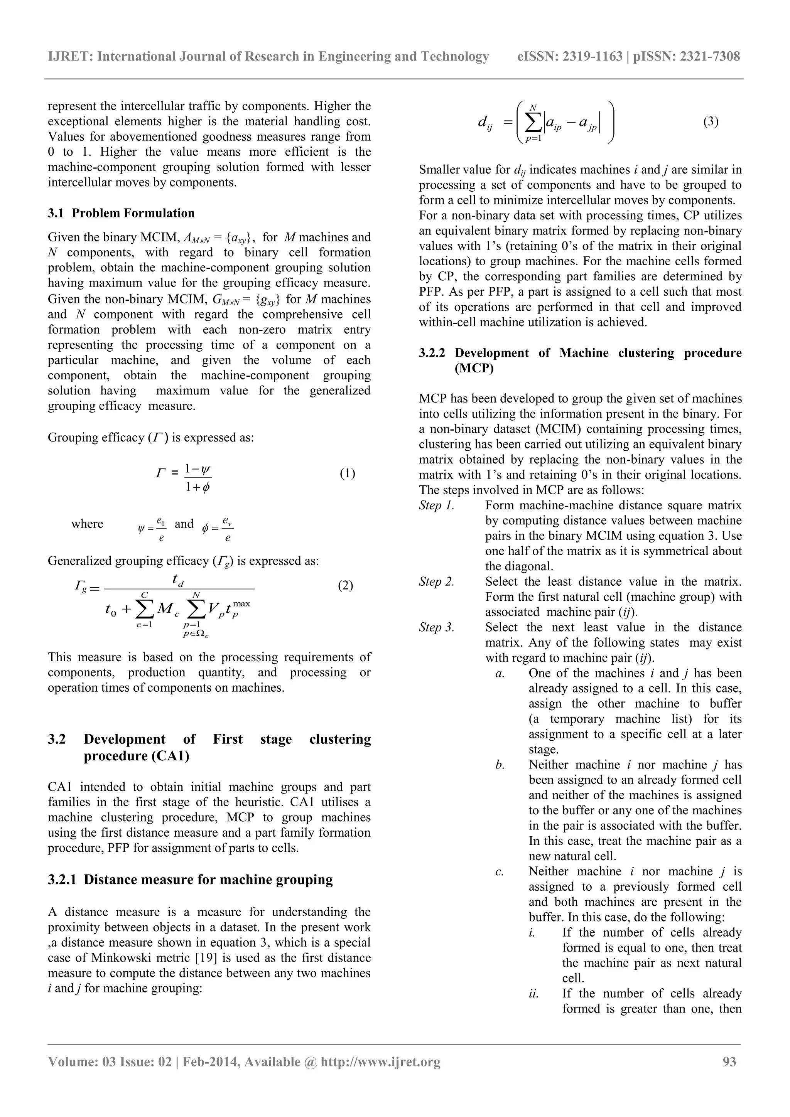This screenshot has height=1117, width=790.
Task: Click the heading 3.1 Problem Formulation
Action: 121,213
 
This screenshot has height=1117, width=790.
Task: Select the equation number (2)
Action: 346,585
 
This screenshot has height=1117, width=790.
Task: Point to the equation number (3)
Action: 711,121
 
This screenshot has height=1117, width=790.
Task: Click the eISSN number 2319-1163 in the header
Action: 592,57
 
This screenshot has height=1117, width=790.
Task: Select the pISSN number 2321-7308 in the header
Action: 710,57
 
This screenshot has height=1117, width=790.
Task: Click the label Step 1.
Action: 437,505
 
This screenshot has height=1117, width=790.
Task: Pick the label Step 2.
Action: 437,582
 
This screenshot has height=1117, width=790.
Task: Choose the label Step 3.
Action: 437,628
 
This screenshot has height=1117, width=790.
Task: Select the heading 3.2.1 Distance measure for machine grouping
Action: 190,879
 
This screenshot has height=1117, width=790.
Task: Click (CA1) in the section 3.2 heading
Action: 166,756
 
